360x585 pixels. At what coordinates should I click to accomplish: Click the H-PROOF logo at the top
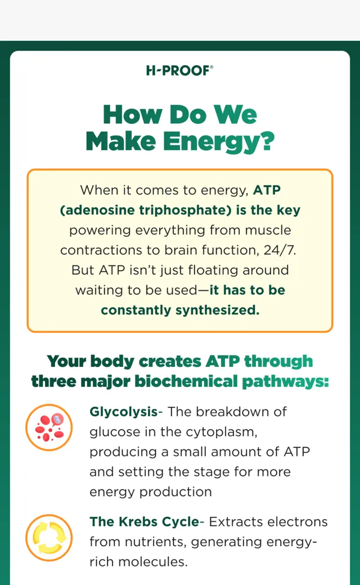(179, 70)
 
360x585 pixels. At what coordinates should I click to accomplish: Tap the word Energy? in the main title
(219, 142)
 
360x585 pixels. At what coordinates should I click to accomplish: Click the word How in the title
(133, 114)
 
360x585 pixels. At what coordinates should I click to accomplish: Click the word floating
(213, 270)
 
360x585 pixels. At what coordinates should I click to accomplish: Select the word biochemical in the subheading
(186, 381)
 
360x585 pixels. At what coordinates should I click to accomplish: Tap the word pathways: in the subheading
(285, 382)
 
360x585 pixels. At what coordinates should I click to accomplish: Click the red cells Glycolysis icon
(49, 427)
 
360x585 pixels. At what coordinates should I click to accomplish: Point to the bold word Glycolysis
(124, 412)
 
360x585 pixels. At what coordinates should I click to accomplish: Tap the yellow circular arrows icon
(49, 538)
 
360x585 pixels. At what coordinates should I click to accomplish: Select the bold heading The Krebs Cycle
(145, 521)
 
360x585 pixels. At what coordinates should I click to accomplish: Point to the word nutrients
(156, 542)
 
